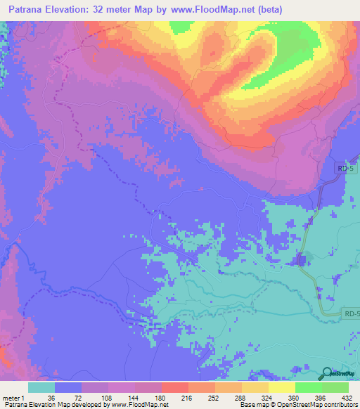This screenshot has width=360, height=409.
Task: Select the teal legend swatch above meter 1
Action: pyautogui.click(x=41, y=387)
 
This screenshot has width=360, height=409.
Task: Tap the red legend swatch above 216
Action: pyautogui.click(x=174, y=387)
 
